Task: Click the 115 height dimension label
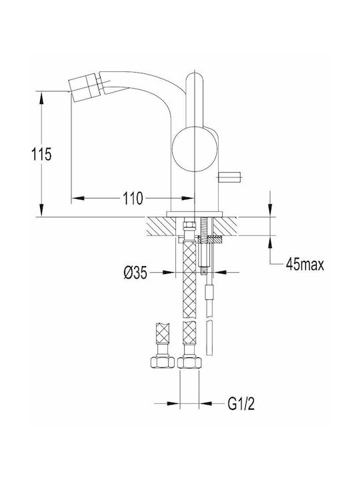coord(41,154)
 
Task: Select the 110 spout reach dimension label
coord(133,199)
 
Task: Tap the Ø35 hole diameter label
coord(135,272)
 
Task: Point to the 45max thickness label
coord(305,263)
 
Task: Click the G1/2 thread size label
coord(241,404)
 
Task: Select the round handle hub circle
coord(195,149)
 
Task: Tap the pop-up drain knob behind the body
coord(229,176)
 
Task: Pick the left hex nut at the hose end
coord(162,361)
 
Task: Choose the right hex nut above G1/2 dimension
coord(189,361)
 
